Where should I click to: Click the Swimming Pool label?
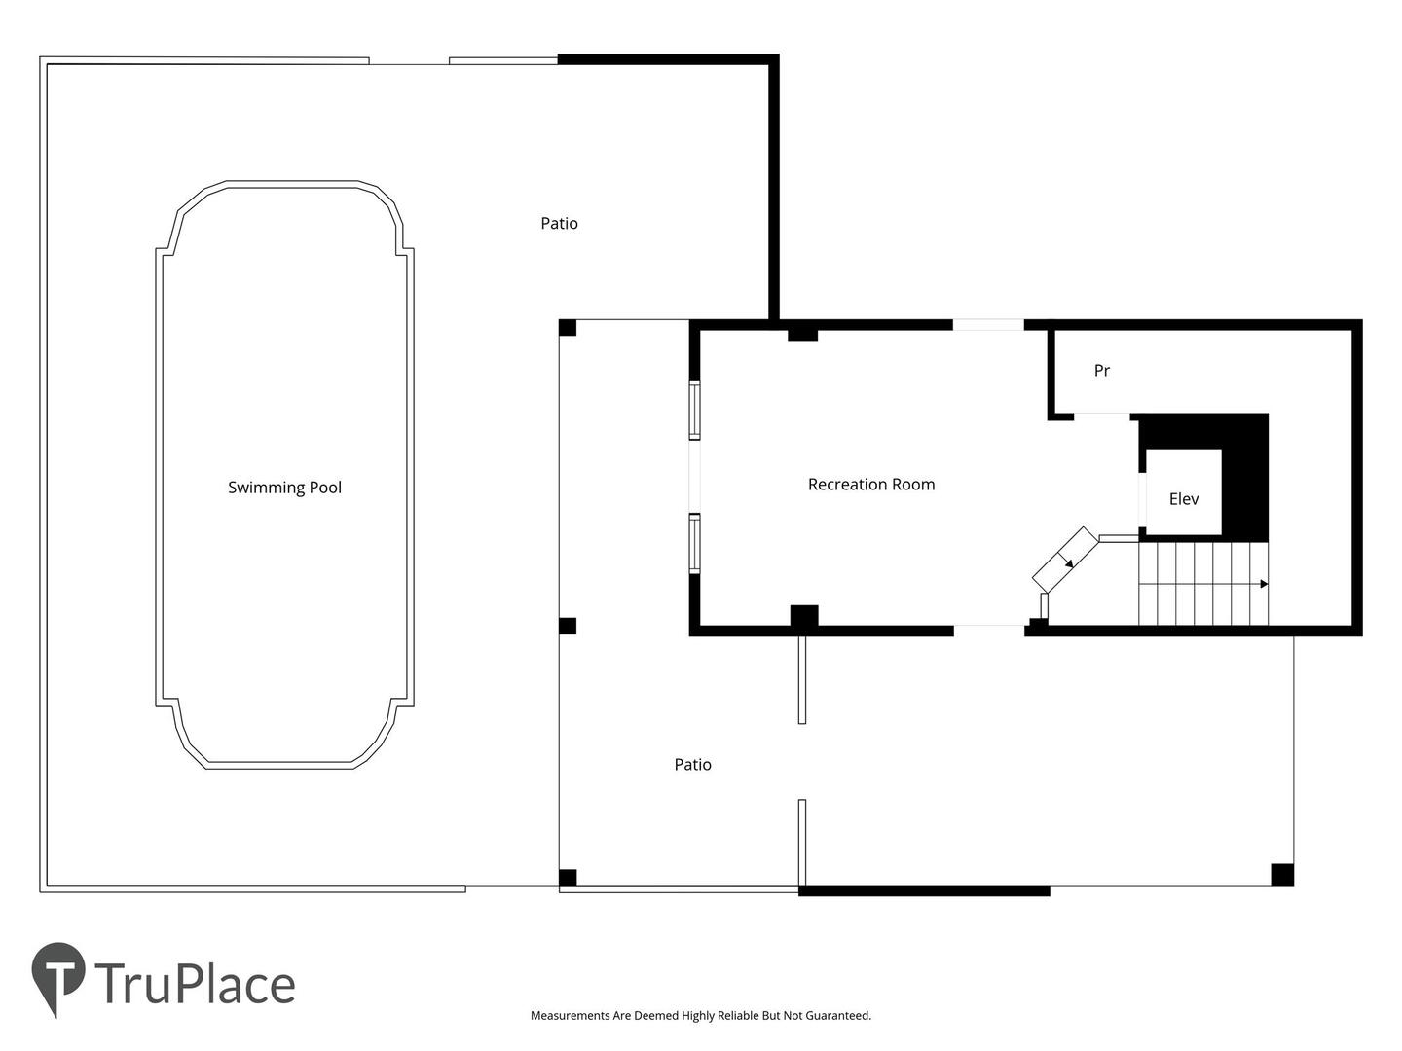click(x=284, y=488)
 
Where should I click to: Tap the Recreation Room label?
click(x=870, y=485)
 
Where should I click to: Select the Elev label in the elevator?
click(x=1183, y=499)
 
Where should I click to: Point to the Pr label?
click(x=1102, y=370)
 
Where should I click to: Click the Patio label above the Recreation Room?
click(x=559, y=224)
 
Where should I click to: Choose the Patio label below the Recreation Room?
click(x=692, y=765)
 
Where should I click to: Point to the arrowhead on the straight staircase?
click(x=1264, y=584)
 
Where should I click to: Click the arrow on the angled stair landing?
click(x=1067, y=561)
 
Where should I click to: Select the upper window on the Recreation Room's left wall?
click(x=694, y=410)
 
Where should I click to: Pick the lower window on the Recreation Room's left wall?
click(x=694, y=543)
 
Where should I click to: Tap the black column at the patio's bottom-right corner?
click(x=1282, y=874)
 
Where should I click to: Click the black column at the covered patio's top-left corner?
click(x=568, y=328)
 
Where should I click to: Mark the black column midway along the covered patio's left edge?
click(x=568, y=626)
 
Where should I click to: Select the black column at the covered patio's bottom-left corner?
click(x=568, y=878)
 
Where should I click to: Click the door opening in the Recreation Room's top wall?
click(x=988, y=325)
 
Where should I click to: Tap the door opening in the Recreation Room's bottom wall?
click(x=989, y=632)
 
